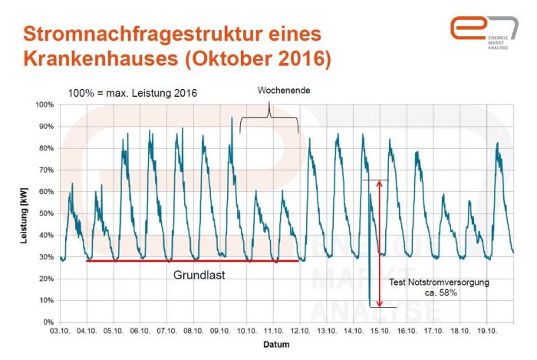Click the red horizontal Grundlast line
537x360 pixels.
tap(192, 261)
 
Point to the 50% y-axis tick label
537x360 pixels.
tap(47, 213)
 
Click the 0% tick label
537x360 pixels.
tap(48, 322)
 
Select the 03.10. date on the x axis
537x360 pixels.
tap(61, 332)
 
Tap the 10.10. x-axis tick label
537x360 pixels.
tap(245, 332)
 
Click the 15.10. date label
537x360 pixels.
tap(377, 332)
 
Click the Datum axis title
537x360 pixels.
tap(277, 345)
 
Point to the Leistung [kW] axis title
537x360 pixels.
tap(24, 213)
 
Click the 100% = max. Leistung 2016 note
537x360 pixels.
tap(132, 93)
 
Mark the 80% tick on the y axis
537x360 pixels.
tap(47, 147)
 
